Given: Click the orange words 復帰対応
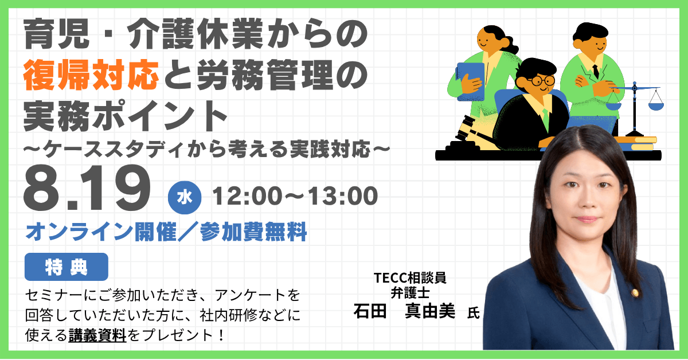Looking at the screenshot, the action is (x=91, y=75).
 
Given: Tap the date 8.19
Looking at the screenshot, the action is (x=87, y=188).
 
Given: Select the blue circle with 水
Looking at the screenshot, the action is (x=185, y=198).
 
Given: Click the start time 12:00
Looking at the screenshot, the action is (x=248, y=196).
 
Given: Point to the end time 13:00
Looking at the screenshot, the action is (x=343, y=196).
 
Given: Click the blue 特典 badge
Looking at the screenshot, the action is (x=67, y=267).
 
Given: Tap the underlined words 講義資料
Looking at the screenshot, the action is (x=97, y=335).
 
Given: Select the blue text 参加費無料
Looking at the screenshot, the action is (x=253, y=232).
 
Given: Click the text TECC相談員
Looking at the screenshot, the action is (x=410, y=278).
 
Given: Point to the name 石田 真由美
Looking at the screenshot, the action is (x=404, y=311).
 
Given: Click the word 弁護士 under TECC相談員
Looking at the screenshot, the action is (x=410, y=293).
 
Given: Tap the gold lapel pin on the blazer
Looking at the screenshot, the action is (x=635, y=294).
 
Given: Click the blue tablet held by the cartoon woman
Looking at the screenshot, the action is (x=471, y=82).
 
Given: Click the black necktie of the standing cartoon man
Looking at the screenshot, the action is (x=596, y=71).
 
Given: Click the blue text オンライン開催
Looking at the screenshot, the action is (x=101, y=232).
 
